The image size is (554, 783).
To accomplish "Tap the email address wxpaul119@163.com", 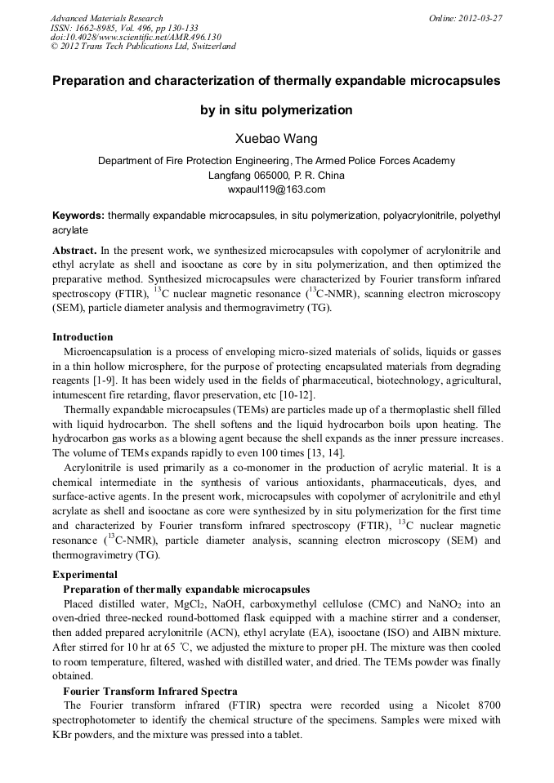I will pos(276,189).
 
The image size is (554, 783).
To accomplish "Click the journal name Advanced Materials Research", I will pos(106,18).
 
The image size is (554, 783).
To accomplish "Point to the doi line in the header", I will pos(136,37).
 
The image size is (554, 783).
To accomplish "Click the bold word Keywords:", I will pos(78,216).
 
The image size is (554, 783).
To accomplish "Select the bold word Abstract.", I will pos(76,250).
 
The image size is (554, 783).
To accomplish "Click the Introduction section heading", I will pos(83,336).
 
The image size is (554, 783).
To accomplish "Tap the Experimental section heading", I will pos(84,574).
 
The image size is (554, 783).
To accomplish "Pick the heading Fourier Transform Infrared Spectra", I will pos(150,691).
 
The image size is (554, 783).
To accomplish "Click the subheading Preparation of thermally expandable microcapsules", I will pos(186,589).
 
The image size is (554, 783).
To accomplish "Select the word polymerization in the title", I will pos(306,109).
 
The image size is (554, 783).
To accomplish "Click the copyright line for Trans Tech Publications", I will pos(143,47).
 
